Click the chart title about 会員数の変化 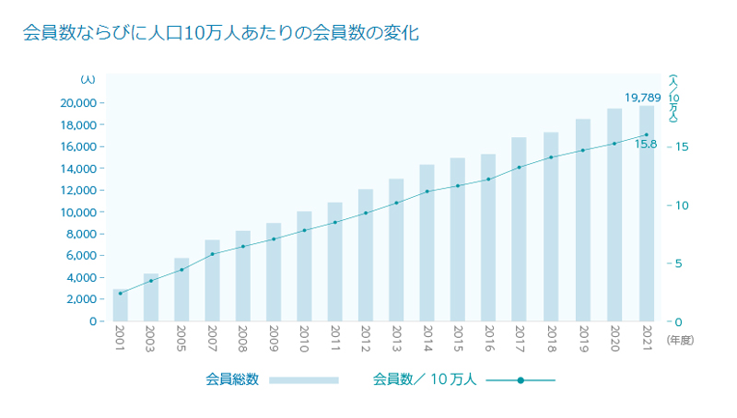(x=221, y=34)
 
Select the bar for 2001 (x=120, y=306)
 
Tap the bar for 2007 (x=212, y=281)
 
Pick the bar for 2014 (x=427, y=243)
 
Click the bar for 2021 (x=647, y=214)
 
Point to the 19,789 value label (x=643, y=97)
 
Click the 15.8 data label (x=646, y=145)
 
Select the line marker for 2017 (x=520, y=168)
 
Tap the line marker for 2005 (x=181, y=269)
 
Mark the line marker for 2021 (x=647, y=134)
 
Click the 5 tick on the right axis (x=680, y=263)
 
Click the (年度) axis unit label (x=679, y=340)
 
